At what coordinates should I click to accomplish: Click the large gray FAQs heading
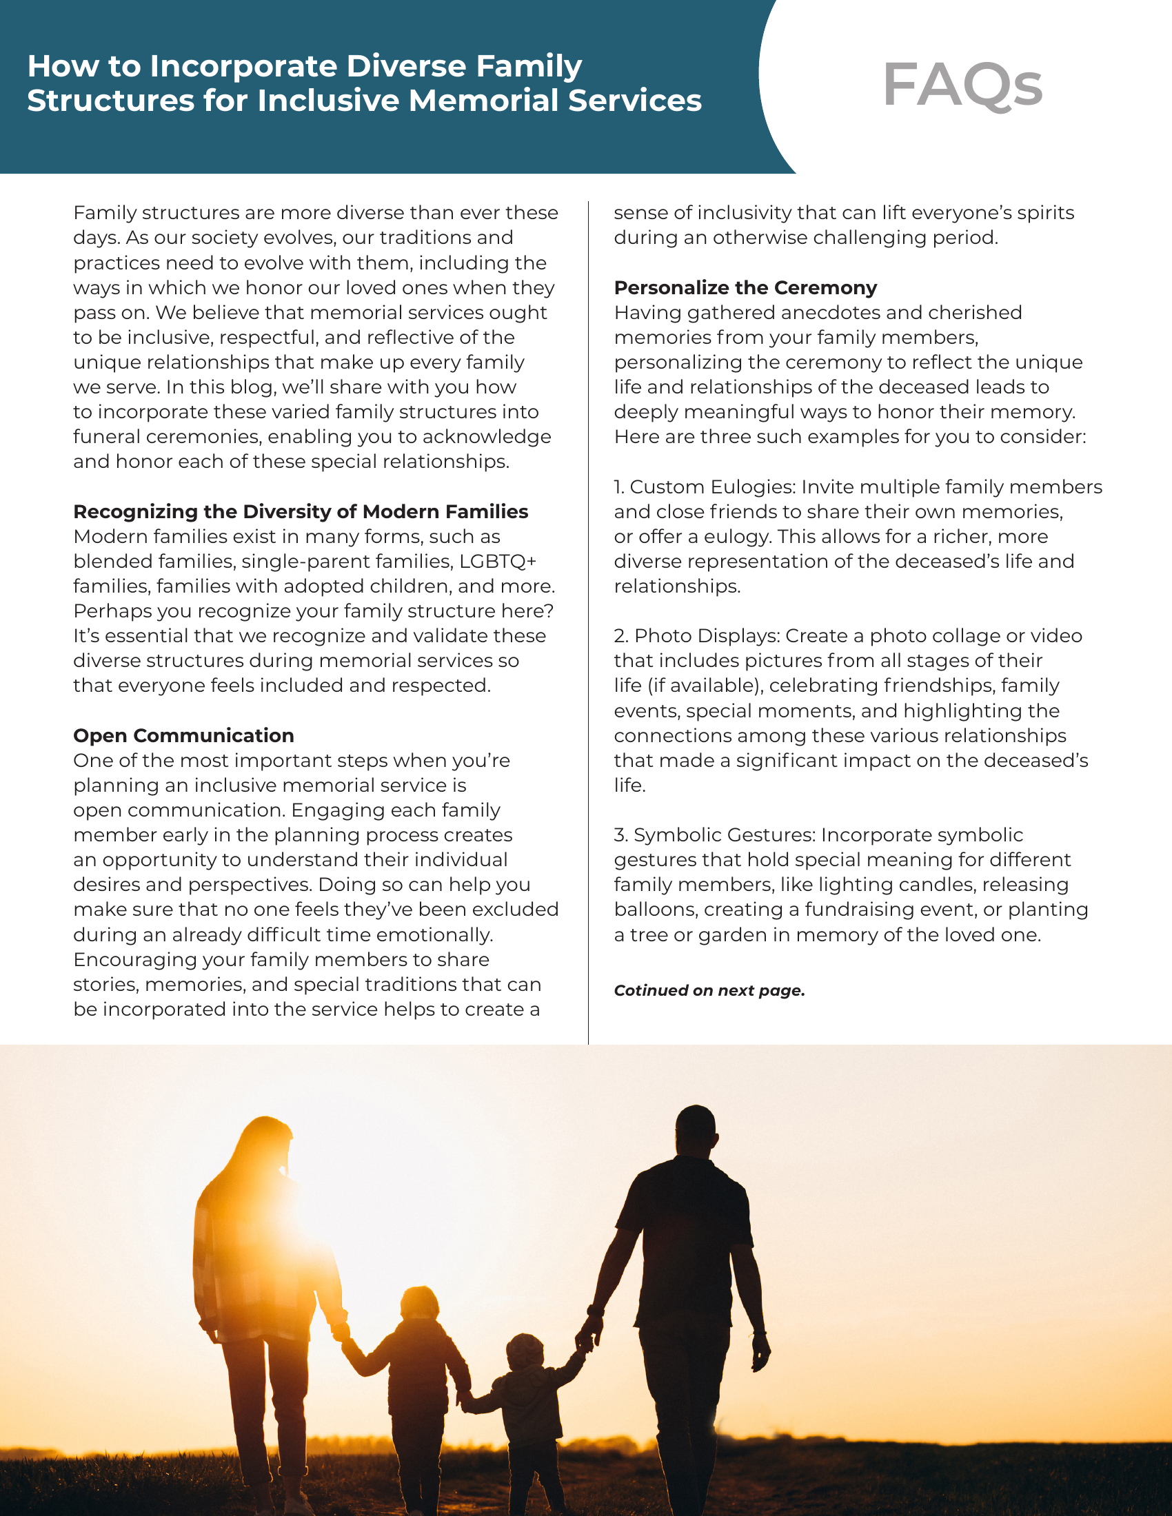(962, 85)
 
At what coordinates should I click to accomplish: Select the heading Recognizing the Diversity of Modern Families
(301, 511)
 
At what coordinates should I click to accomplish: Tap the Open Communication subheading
(184, 735)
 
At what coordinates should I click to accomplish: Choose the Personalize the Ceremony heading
(745, 287)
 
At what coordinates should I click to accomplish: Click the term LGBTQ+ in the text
(498, 561)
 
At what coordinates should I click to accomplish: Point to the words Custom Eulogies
(711, 486)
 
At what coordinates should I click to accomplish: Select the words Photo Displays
(706, 636)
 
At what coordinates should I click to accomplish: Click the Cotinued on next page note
(709, 990)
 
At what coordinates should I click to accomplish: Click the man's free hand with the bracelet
(761, 1353)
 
